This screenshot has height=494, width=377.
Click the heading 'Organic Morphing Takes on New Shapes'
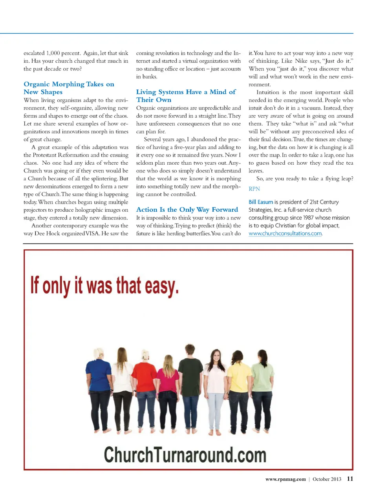[x=69, y=88]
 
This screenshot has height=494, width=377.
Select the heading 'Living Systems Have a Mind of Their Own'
[x=186, y=96]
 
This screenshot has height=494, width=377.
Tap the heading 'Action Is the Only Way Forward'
[x=187, y=210]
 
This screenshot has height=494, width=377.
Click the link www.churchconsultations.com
[x=285, y=233]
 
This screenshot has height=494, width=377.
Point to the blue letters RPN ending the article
[x=254, y=189]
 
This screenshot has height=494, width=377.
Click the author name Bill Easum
[x=260, y=202]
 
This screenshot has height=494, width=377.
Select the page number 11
[x=350, y=479]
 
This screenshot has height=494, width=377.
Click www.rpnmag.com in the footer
[x=285, y=479]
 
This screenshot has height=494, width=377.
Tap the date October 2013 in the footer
[x=327, y=479]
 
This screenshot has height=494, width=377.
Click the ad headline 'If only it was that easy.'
[x=104, y=285]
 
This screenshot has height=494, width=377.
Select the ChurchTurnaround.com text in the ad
[x=185, y=455]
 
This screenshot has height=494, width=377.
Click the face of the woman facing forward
[x=216, y=357]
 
